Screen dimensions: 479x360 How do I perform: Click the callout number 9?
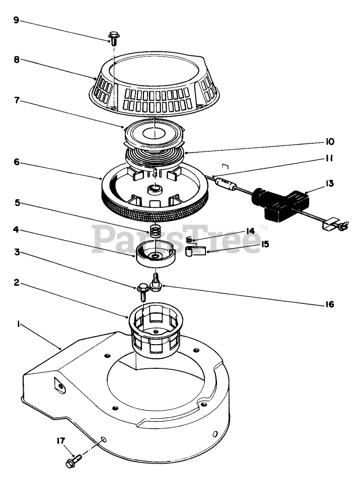(16, 21)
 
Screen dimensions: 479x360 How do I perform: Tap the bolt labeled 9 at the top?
(113, 38)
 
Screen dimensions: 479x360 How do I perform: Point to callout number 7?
(16, 100)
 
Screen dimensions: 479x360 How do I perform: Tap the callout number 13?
(330, 184)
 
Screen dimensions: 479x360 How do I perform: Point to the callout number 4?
(16, 229)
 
